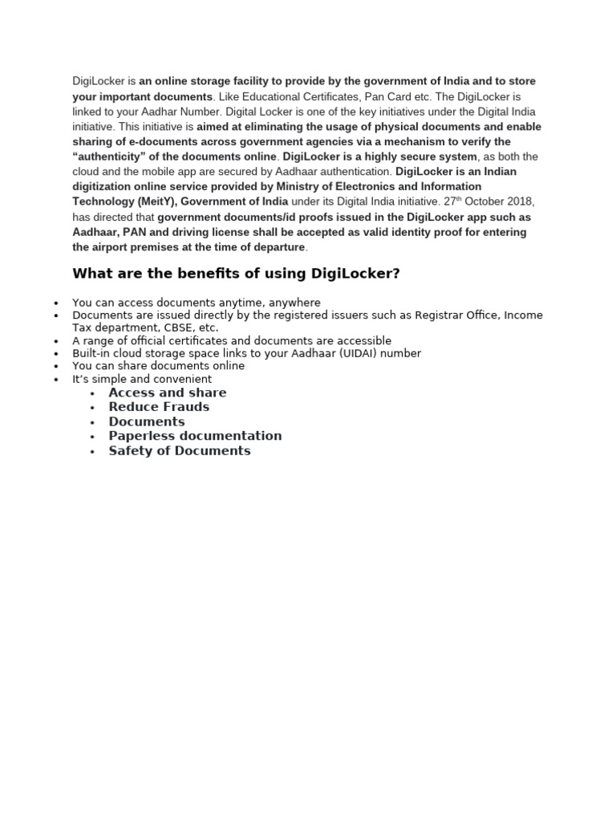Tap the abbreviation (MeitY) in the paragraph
click(x=159, y=201)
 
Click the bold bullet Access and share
click(x=168, y=393)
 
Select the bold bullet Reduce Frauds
click(x=159, y=407)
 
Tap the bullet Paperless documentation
click(x=195, y=436)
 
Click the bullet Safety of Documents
click(x=180, y=451)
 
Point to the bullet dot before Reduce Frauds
click(x=94, y=409)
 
